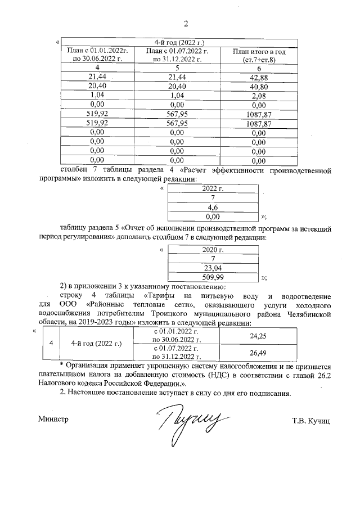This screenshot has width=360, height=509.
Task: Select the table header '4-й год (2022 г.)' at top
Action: pyautogui.click(x=179, y=43)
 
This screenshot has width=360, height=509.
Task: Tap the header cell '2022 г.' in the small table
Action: pyautogui.click(x=213, y=188)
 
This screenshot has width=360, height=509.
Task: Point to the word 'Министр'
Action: pyautogui.click(x=53, y=420)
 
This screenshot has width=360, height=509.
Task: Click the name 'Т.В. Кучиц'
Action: pyautogui.click(x=310, y=420)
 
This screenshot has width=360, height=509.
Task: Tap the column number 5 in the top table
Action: pyautogui.click(x=177, y=67)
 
